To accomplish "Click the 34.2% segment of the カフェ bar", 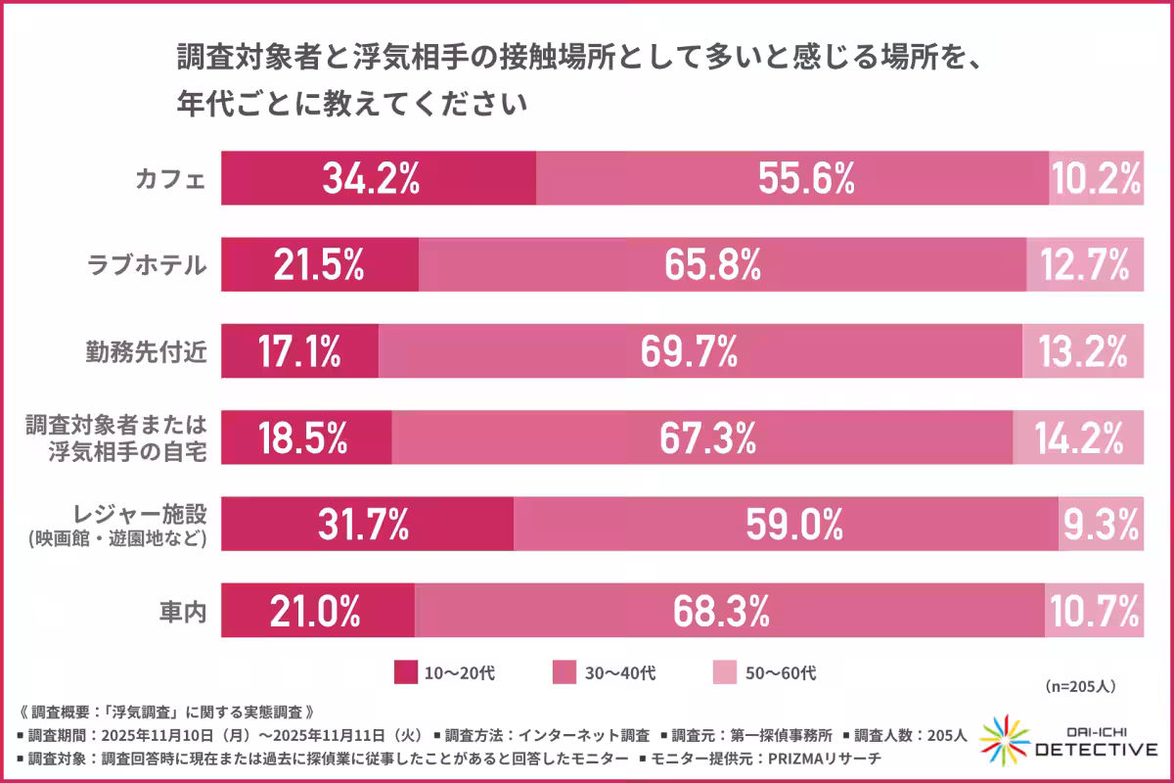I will pos(378,178).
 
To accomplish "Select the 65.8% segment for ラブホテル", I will pos(722,264).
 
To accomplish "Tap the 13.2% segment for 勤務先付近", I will pos(1083,351).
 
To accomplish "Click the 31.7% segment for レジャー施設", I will pos(367,525).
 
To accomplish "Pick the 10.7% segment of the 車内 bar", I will pos(1094,611).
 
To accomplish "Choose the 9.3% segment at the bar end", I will pos(1101,525).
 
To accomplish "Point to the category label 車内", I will pos(183,612).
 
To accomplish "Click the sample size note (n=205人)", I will pos(1080,686).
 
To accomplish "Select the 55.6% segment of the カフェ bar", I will pos(792,178).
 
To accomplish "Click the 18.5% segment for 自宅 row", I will pos(305,438).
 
